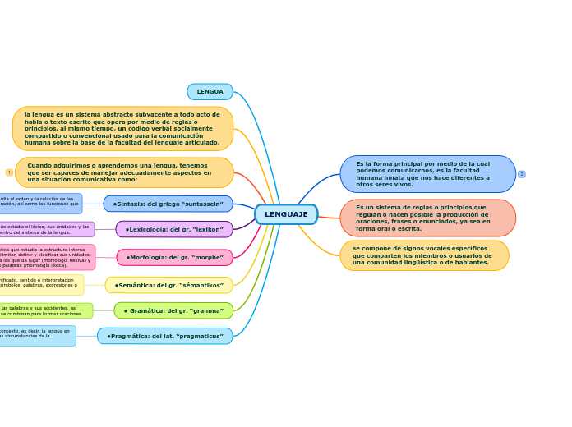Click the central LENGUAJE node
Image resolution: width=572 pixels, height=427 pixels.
tap(286, 214)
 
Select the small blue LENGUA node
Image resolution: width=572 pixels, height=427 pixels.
tap(210, 92)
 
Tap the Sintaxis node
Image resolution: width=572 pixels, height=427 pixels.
tap(168, 204)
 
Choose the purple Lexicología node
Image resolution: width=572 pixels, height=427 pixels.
tap(174, 229)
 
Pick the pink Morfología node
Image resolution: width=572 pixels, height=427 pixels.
tap(174, 257)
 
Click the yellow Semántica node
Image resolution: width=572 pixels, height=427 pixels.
tap(169, 285)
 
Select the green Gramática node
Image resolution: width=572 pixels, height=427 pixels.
tap(173, 310)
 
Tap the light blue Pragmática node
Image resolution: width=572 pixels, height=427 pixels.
tap(164, 336)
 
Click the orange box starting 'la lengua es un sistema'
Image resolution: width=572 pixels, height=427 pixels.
tap(122, 129)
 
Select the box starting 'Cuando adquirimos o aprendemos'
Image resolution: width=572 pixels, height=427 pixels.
tap(124, 172)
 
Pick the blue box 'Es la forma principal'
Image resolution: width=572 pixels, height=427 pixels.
tap(427, 174)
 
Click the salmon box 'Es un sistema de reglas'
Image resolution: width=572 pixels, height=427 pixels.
tap(427, 218)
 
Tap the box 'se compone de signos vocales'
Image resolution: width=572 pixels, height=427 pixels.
tap(424, 255)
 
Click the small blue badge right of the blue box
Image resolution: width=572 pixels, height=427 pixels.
tap(522, 174)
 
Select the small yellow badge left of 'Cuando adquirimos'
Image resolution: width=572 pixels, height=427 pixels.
tap(9, 172)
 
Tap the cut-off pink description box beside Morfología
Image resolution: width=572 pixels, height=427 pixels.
tap(47, 257)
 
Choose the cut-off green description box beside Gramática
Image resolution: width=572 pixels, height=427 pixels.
tap(46, 310)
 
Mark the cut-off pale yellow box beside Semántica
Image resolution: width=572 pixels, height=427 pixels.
tap(41, 284)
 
